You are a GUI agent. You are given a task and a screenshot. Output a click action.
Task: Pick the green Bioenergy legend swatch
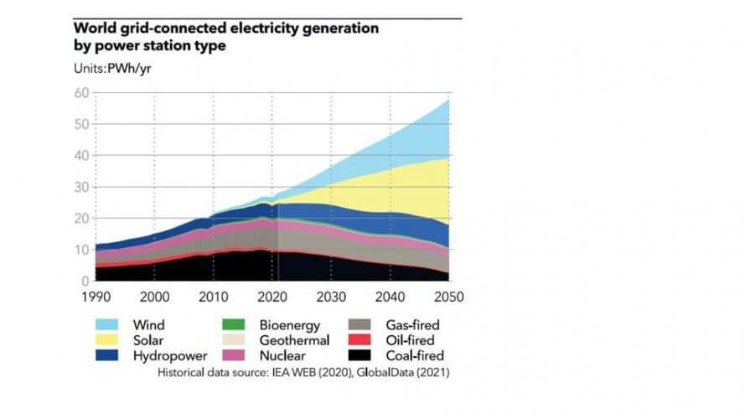[x=235, y=323]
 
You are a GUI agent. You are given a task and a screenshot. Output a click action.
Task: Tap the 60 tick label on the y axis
[x=82, y=93]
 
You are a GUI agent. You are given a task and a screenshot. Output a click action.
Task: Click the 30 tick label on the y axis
[x=82, y=187]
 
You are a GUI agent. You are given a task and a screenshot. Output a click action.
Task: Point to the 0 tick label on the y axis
[x=85, y=281]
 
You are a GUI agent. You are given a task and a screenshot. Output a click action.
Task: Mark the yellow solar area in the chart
[x=402, y=193]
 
